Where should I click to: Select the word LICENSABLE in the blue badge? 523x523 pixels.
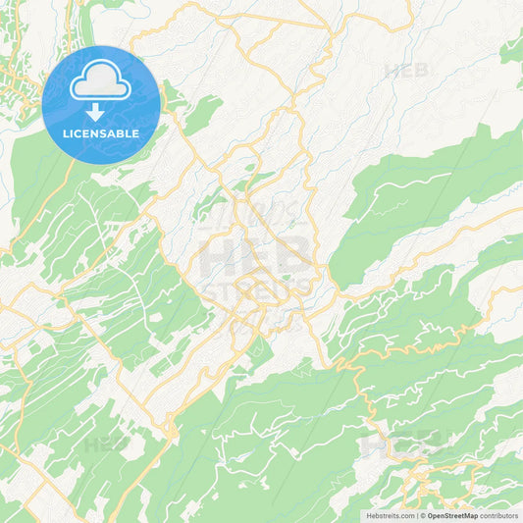pos(101,131)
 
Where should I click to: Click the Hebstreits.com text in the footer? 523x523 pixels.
pos(390,515)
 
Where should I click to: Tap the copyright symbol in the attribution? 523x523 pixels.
pos(424,515)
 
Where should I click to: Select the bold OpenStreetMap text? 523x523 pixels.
pos(453,515)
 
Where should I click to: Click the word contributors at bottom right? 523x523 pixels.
pos(499,515)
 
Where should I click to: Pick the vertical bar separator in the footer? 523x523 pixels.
pos(417,515)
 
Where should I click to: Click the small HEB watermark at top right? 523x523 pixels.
pos(405,71)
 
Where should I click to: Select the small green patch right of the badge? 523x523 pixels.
pos(202,117)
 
